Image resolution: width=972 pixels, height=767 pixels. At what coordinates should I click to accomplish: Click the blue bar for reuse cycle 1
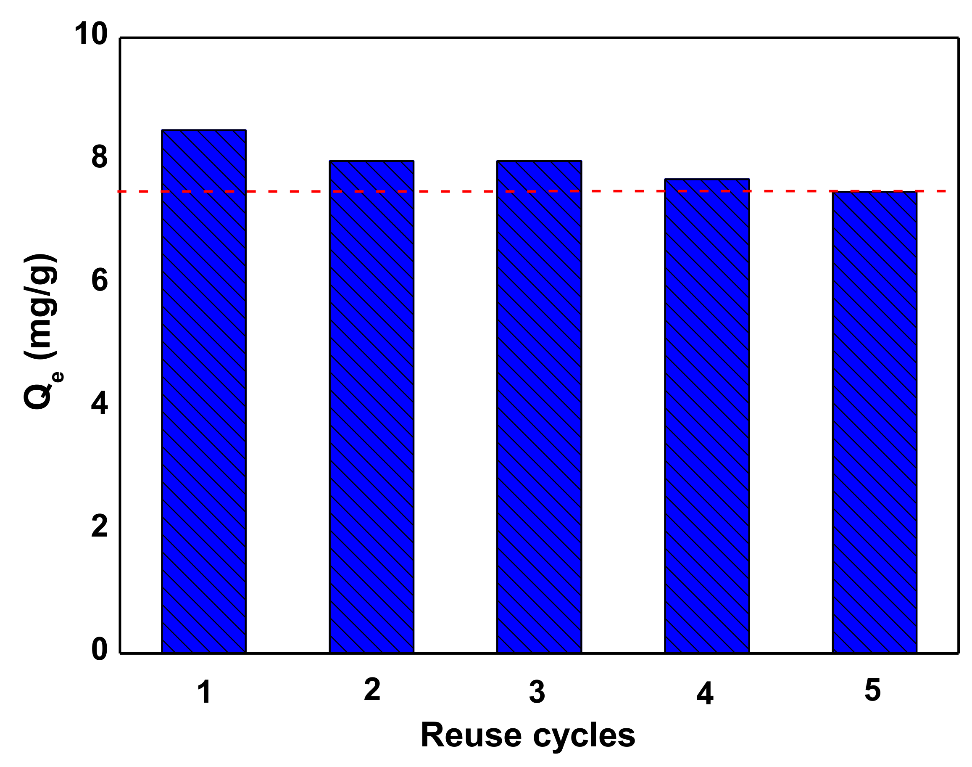(x=204, y=391)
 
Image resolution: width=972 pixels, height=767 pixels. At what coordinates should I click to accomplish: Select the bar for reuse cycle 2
(x=371, y=406)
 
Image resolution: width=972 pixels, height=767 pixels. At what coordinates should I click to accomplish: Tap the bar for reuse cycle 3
(x=539, y=406)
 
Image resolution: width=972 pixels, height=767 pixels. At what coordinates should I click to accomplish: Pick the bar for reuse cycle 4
(x=707, y=415)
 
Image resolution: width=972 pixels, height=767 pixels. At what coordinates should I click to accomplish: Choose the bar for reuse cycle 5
(x=875, y=422)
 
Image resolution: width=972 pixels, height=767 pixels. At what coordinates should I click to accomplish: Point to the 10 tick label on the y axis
(x=91, y=34)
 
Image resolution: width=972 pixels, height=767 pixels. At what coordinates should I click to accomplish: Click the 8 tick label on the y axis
(x=100, y=157)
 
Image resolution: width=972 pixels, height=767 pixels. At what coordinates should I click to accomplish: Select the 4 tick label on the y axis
(x=100, y=403)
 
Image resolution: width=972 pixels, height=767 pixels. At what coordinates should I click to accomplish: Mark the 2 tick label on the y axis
(x=100, y=526)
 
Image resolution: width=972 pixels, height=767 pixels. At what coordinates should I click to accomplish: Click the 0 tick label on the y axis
(x=100, y=649)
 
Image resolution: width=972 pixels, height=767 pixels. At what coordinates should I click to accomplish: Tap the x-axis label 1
(x=204, y=692)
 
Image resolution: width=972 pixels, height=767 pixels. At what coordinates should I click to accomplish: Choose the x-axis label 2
(x=372, y=689)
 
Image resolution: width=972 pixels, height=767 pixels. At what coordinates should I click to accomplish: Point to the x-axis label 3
(x=537, y=692)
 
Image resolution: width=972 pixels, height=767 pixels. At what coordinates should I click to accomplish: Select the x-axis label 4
(x=705, y=694)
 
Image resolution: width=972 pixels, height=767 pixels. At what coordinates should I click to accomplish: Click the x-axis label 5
(x=873, y=690)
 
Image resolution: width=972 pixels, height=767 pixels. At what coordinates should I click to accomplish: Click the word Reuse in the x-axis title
(x=471, y=735)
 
